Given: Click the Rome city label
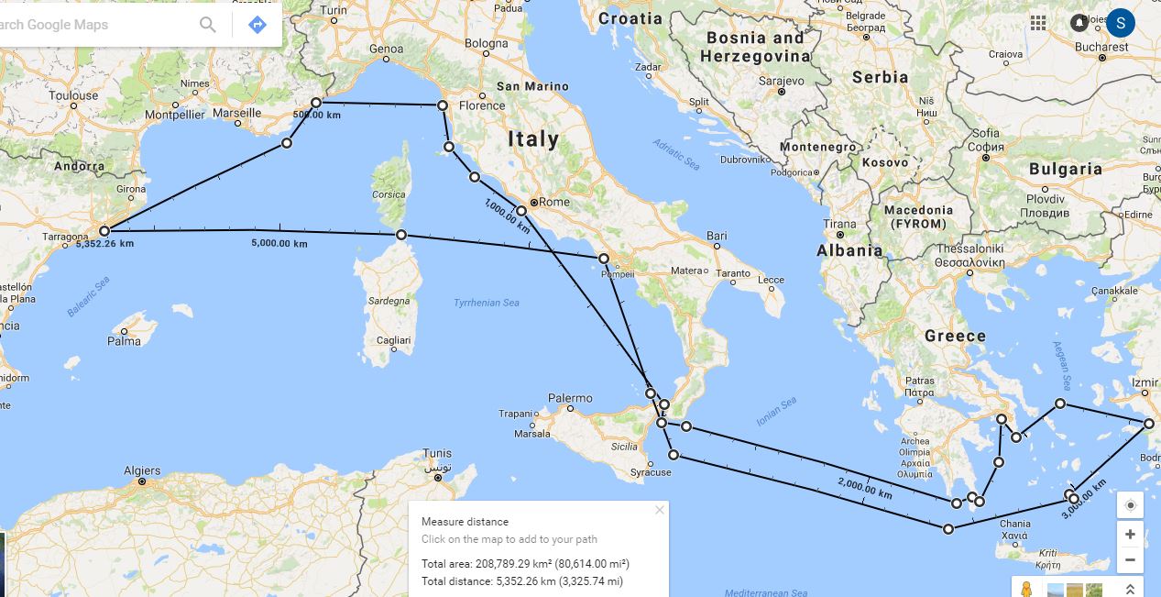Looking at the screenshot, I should click(x=554, y=202).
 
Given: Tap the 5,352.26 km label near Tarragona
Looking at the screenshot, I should click(x=104, y=244).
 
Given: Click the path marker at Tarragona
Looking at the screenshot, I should click(x=104, y=231).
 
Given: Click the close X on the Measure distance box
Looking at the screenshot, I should click(x=659, y=510).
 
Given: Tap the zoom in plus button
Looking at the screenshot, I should click(x=1130, y=534).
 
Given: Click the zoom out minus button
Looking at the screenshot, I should click(x=1130, y=559).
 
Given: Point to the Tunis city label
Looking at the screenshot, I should click(x=437, y=454).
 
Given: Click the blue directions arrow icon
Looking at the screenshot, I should click(x=257, y=25).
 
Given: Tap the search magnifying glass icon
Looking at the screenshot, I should click(x=208, y=25).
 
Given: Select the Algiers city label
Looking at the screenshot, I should click(x=142, y=471).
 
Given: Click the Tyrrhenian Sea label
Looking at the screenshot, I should click(x=487, y=303).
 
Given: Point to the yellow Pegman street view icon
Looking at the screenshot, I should click(x=1025, y=590).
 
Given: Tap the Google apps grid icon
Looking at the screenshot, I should click(x=1038, y=23).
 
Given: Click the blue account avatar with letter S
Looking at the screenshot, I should click(x=1121, y=23).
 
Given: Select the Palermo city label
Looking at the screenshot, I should click(x=570, y=398).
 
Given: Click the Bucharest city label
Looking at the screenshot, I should click(x=1101, y=47).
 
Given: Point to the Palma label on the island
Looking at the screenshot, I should click(x=124, y=341).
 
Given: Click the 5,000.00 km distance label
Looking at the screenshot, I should click(x=279, y=243).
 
